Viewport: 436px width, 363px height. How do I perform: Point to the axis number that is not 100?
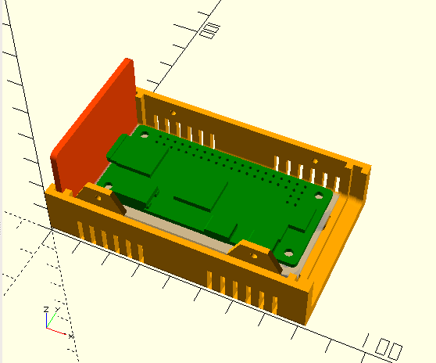209,31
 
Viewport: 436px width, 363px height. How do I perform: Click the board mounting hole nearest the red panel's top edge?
147,134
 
